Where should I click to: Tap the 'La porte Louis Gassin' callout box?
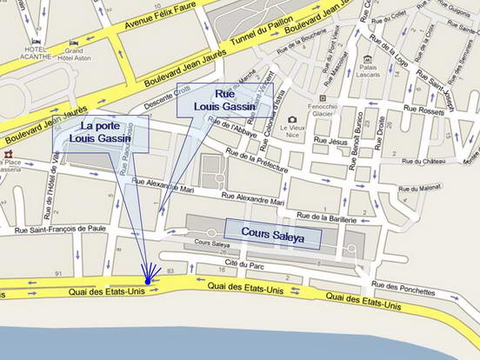coord(101,136)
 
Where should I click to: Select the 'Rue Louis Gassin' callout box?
coord(225,100)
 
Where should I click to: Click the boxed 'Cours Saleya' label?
coord(273,234)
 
